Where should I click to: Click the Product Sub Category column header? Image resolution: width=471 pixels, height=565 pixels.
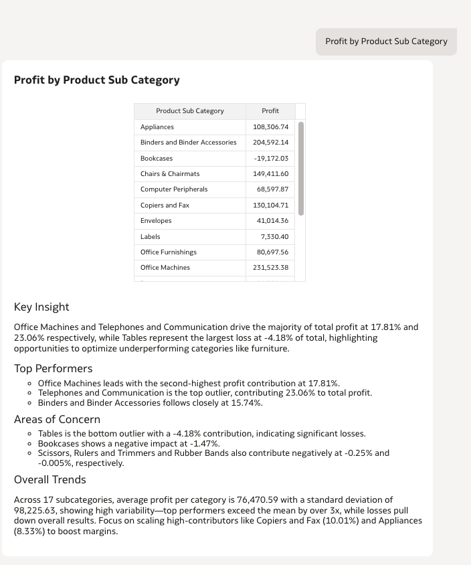coord(190,110)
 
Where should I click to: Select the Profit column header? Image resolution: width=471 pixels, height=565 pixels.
coord(270,110)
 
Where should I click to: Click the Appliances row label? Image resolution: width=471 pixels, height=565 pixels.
coord(157,127)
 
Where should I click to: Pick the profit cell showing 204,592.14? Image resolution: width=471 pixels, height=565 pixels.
coord(271,142)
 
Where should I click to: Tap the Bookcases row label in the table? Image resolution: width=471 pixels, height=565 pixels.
coord(157,158)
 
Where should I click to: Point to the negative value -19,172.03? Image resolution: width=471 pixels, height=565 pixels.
coord(272,158)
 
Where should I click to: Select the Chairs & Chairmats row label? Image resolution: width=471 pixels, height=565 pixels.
coord(170,173)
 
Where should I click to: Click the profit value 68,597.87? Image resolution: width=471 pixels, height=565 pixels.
coord(273,189)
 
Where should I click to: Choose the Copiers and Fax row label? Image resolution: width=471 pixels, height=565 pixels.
coord(165,205)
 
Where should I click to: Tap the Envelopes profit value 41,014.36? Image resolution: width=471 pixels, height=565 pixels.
coord(273,221)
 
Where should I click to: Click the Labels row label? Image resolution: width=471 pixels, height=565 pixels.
coord(151,236)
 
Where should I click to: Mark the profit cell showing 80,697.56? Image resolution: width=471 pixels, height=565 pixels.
coord(273,252)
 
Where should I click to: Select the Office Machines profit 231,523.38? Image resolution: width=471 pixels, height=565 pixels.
coord(271,268)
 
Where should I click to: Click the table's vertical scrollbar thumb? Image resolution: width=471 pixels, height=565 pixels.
coord(301,168)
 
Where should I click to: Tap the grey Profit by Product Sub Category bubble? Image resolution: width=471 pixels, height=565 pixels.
coord(386,42)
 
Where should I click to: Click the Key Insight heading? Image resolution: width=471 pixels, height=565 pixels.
coord(41,307)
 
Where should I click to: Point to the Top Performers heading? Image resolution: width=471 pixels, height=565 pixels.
coord(54,368)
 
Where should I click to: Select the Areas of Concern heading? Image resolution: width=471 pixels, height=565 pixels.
coord(58,419)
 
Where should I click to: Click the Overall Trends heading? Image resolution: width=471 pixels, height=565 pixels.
coord(50,479)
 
